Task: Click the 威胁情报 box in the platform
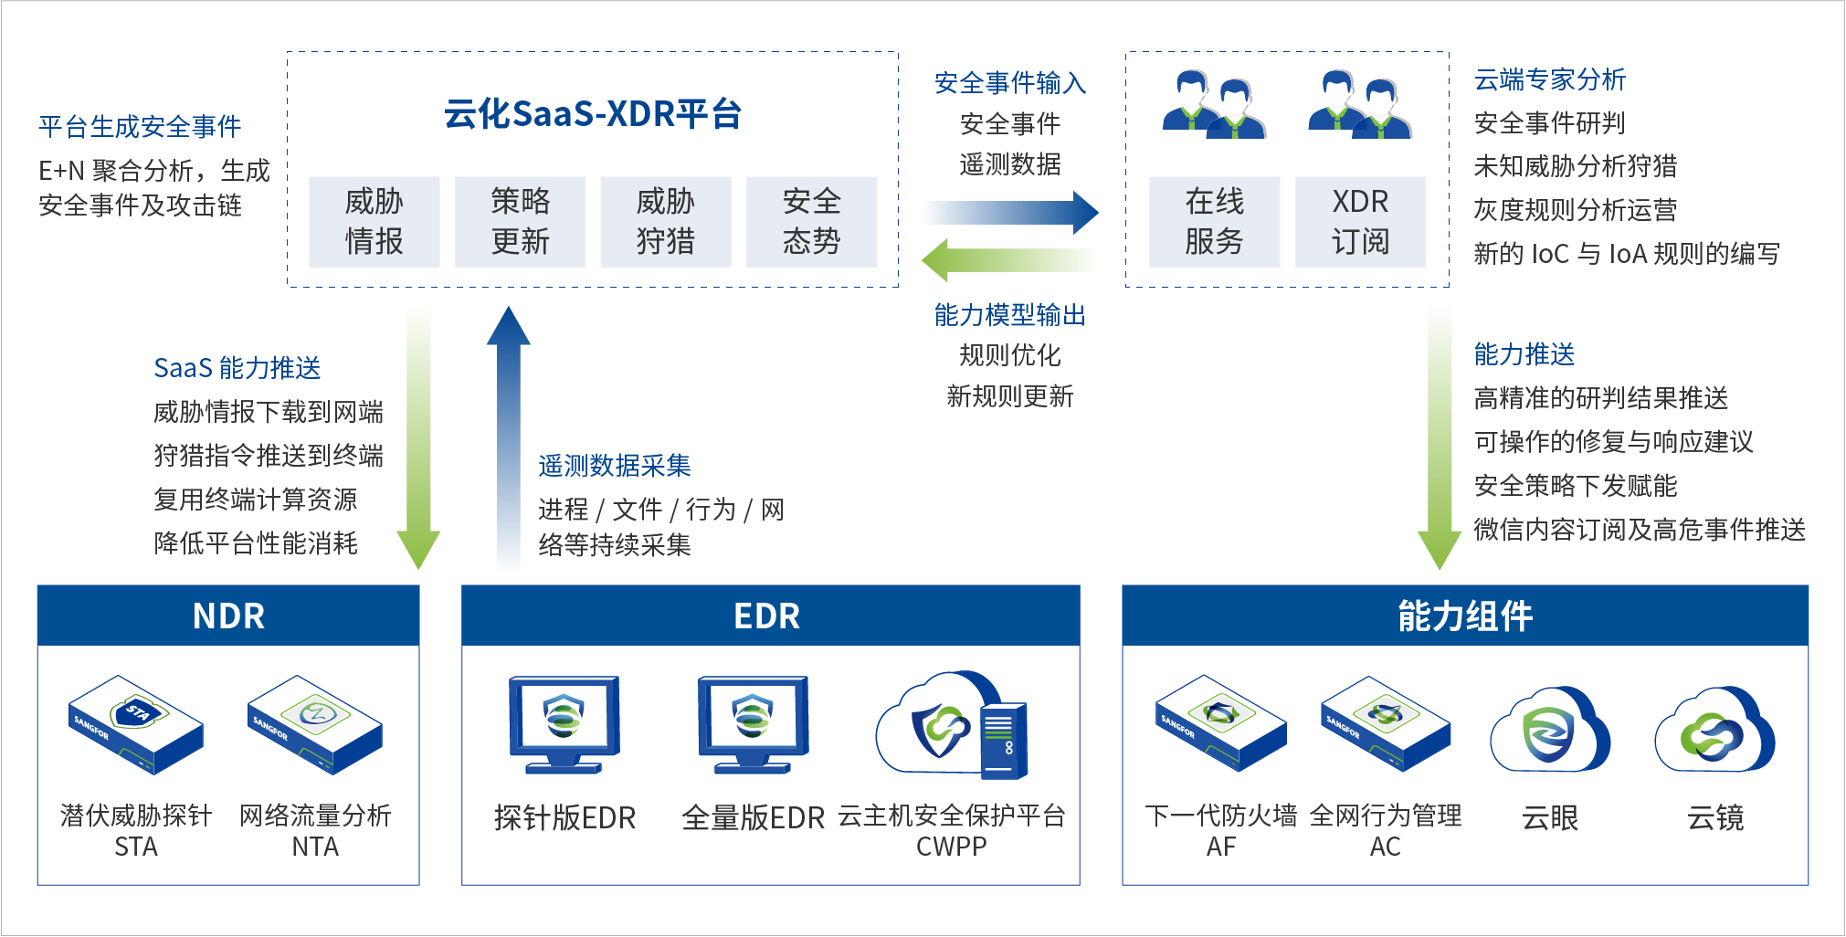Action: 374,222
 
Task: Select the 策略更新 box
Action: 520,222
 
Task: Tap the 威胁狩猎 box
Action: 665,222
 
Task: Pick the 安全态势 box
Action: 811,222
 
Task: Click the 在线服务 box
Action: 1214,222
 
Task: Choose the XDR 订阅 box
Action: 1360,222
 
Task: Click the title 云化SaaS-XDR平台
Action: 593,114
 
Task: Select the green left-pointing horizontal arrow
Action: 1008,260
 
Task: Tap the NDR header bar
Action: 228,616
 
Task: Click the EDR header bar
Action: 770,616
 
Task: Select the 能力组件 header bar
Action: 1464,616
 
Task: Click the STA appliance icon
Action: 135,724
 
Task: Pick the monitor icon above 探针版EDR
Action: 564,724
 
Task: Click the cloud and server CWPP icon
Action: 952,726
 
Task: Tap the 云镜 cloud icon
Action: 1714,731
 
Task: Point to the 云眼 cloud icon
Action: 1550,731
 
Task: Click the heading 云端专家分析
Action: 1549,80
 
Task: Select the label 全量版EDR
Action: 753,817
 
